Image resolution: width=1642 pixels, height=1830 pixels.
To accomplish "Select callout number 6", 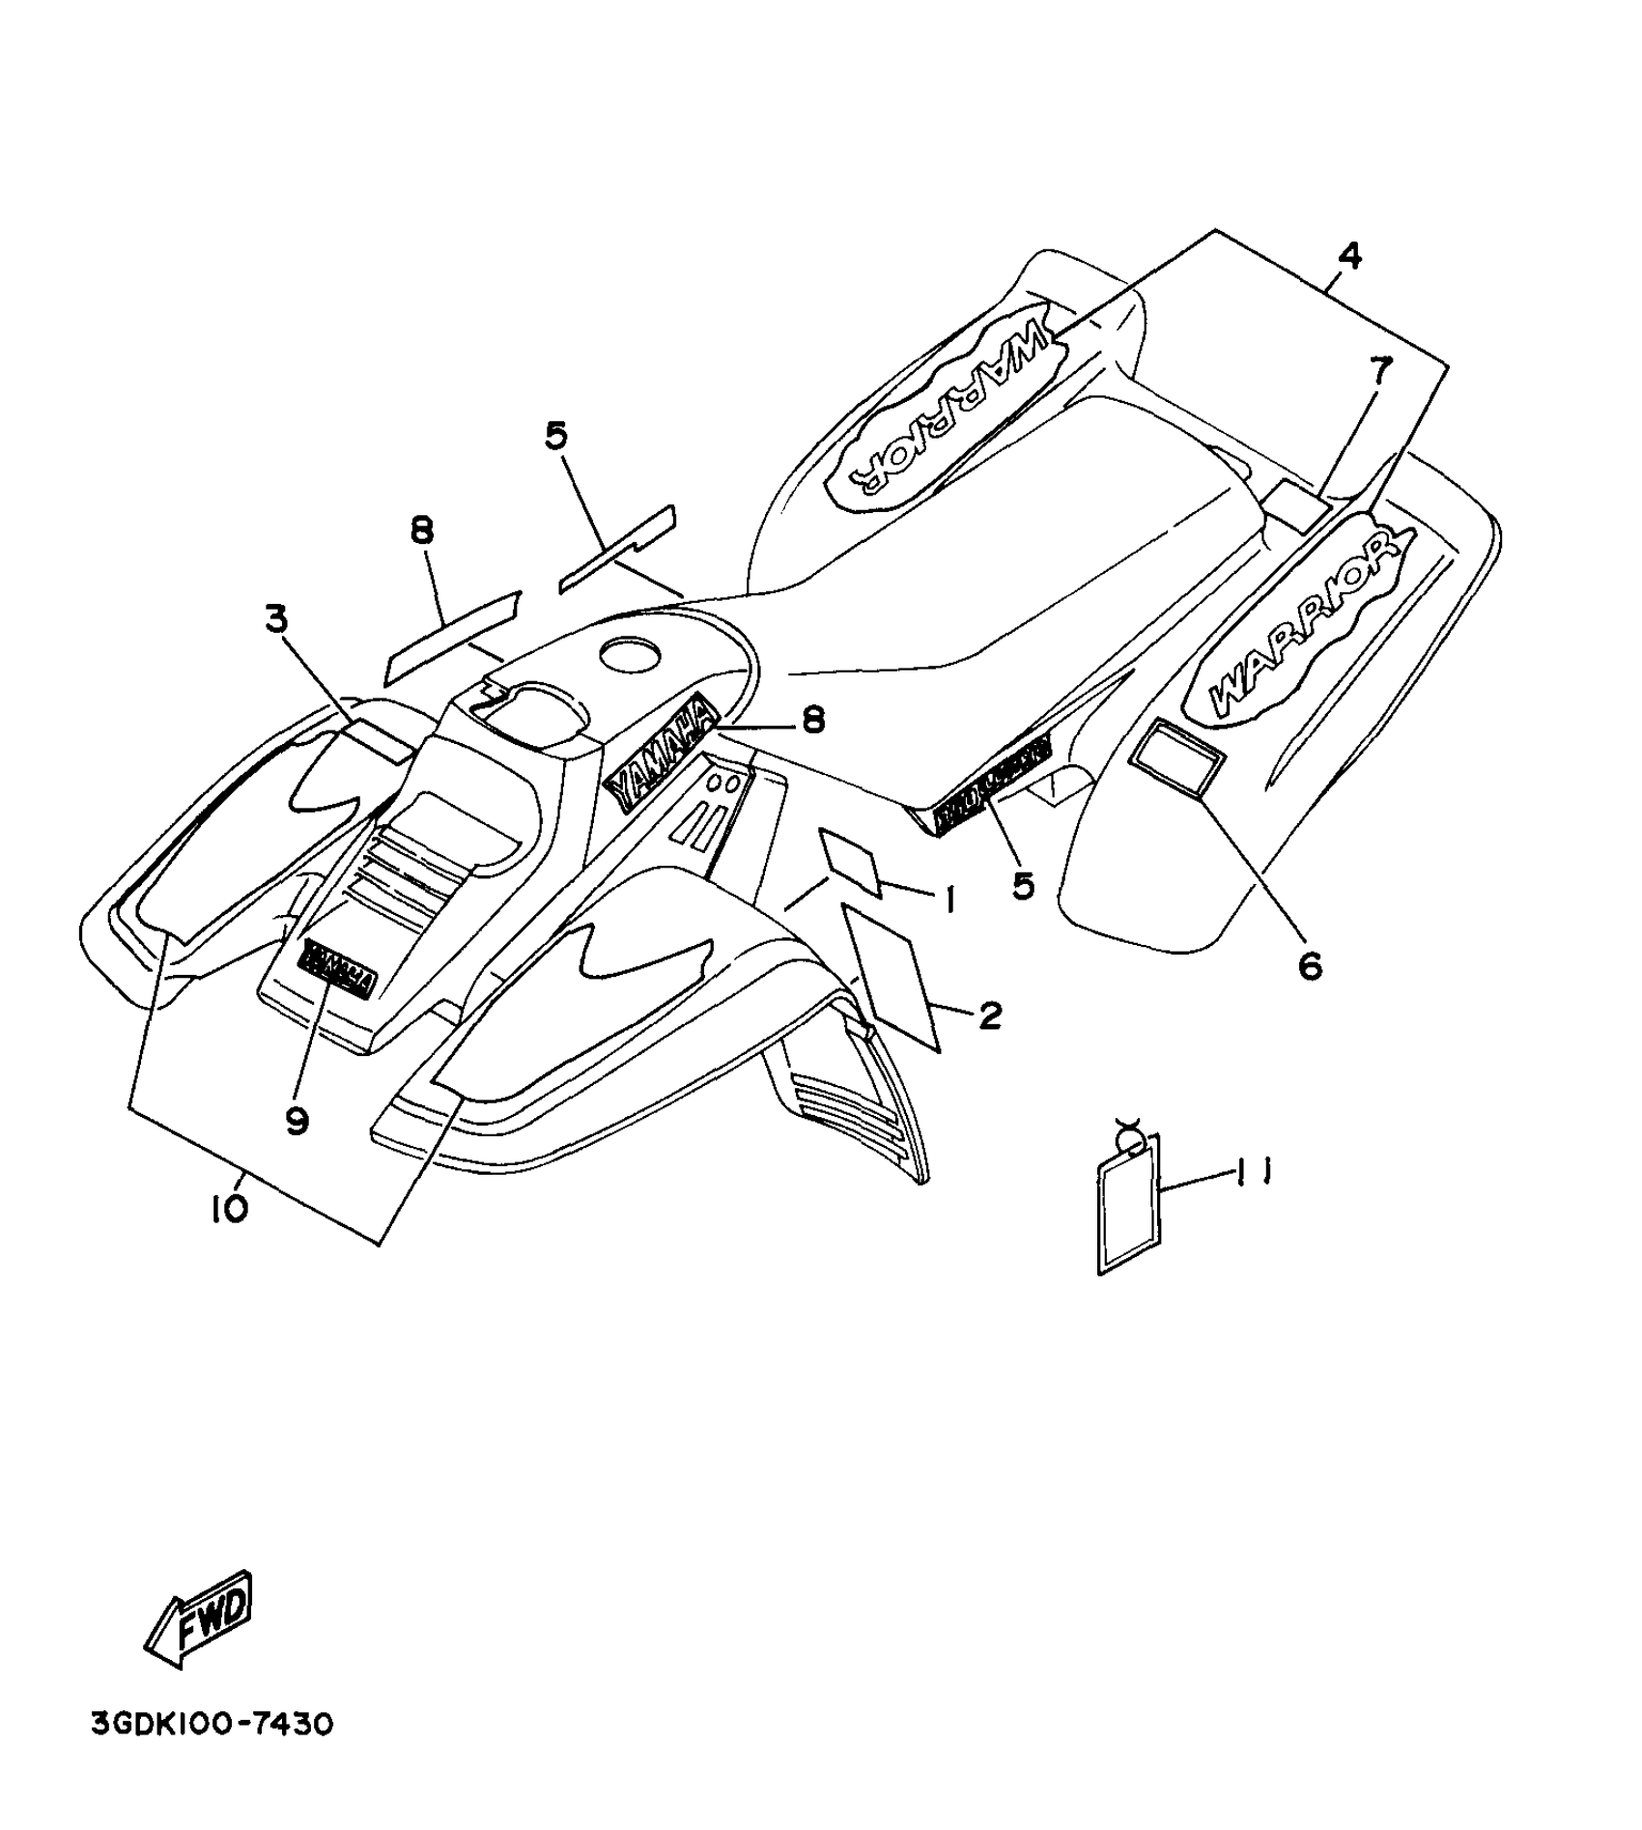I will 1310,964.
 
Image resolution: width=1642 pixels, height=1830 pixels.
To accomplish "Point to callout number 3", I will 277,619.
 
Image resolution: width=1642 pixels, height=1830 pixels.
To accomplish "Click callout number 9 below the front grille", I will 297,1120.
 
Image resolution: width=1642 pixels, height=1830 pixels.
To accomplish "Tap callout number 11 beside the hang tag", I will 1252,1171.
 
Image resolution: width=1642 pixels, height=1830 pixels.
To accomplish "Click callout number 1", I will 949,901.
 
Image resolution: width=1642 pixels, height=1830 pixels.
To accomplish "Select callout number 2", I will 990,1015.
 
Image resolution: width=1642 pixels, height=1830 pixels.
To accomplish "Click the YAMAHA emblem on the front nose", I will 338,965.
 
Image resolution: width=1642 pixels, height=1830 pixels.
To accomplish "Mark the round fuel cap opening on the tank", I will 633,654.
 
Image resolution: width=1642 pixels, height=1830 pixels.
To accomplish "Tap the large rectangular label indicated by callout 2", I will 893,975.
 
